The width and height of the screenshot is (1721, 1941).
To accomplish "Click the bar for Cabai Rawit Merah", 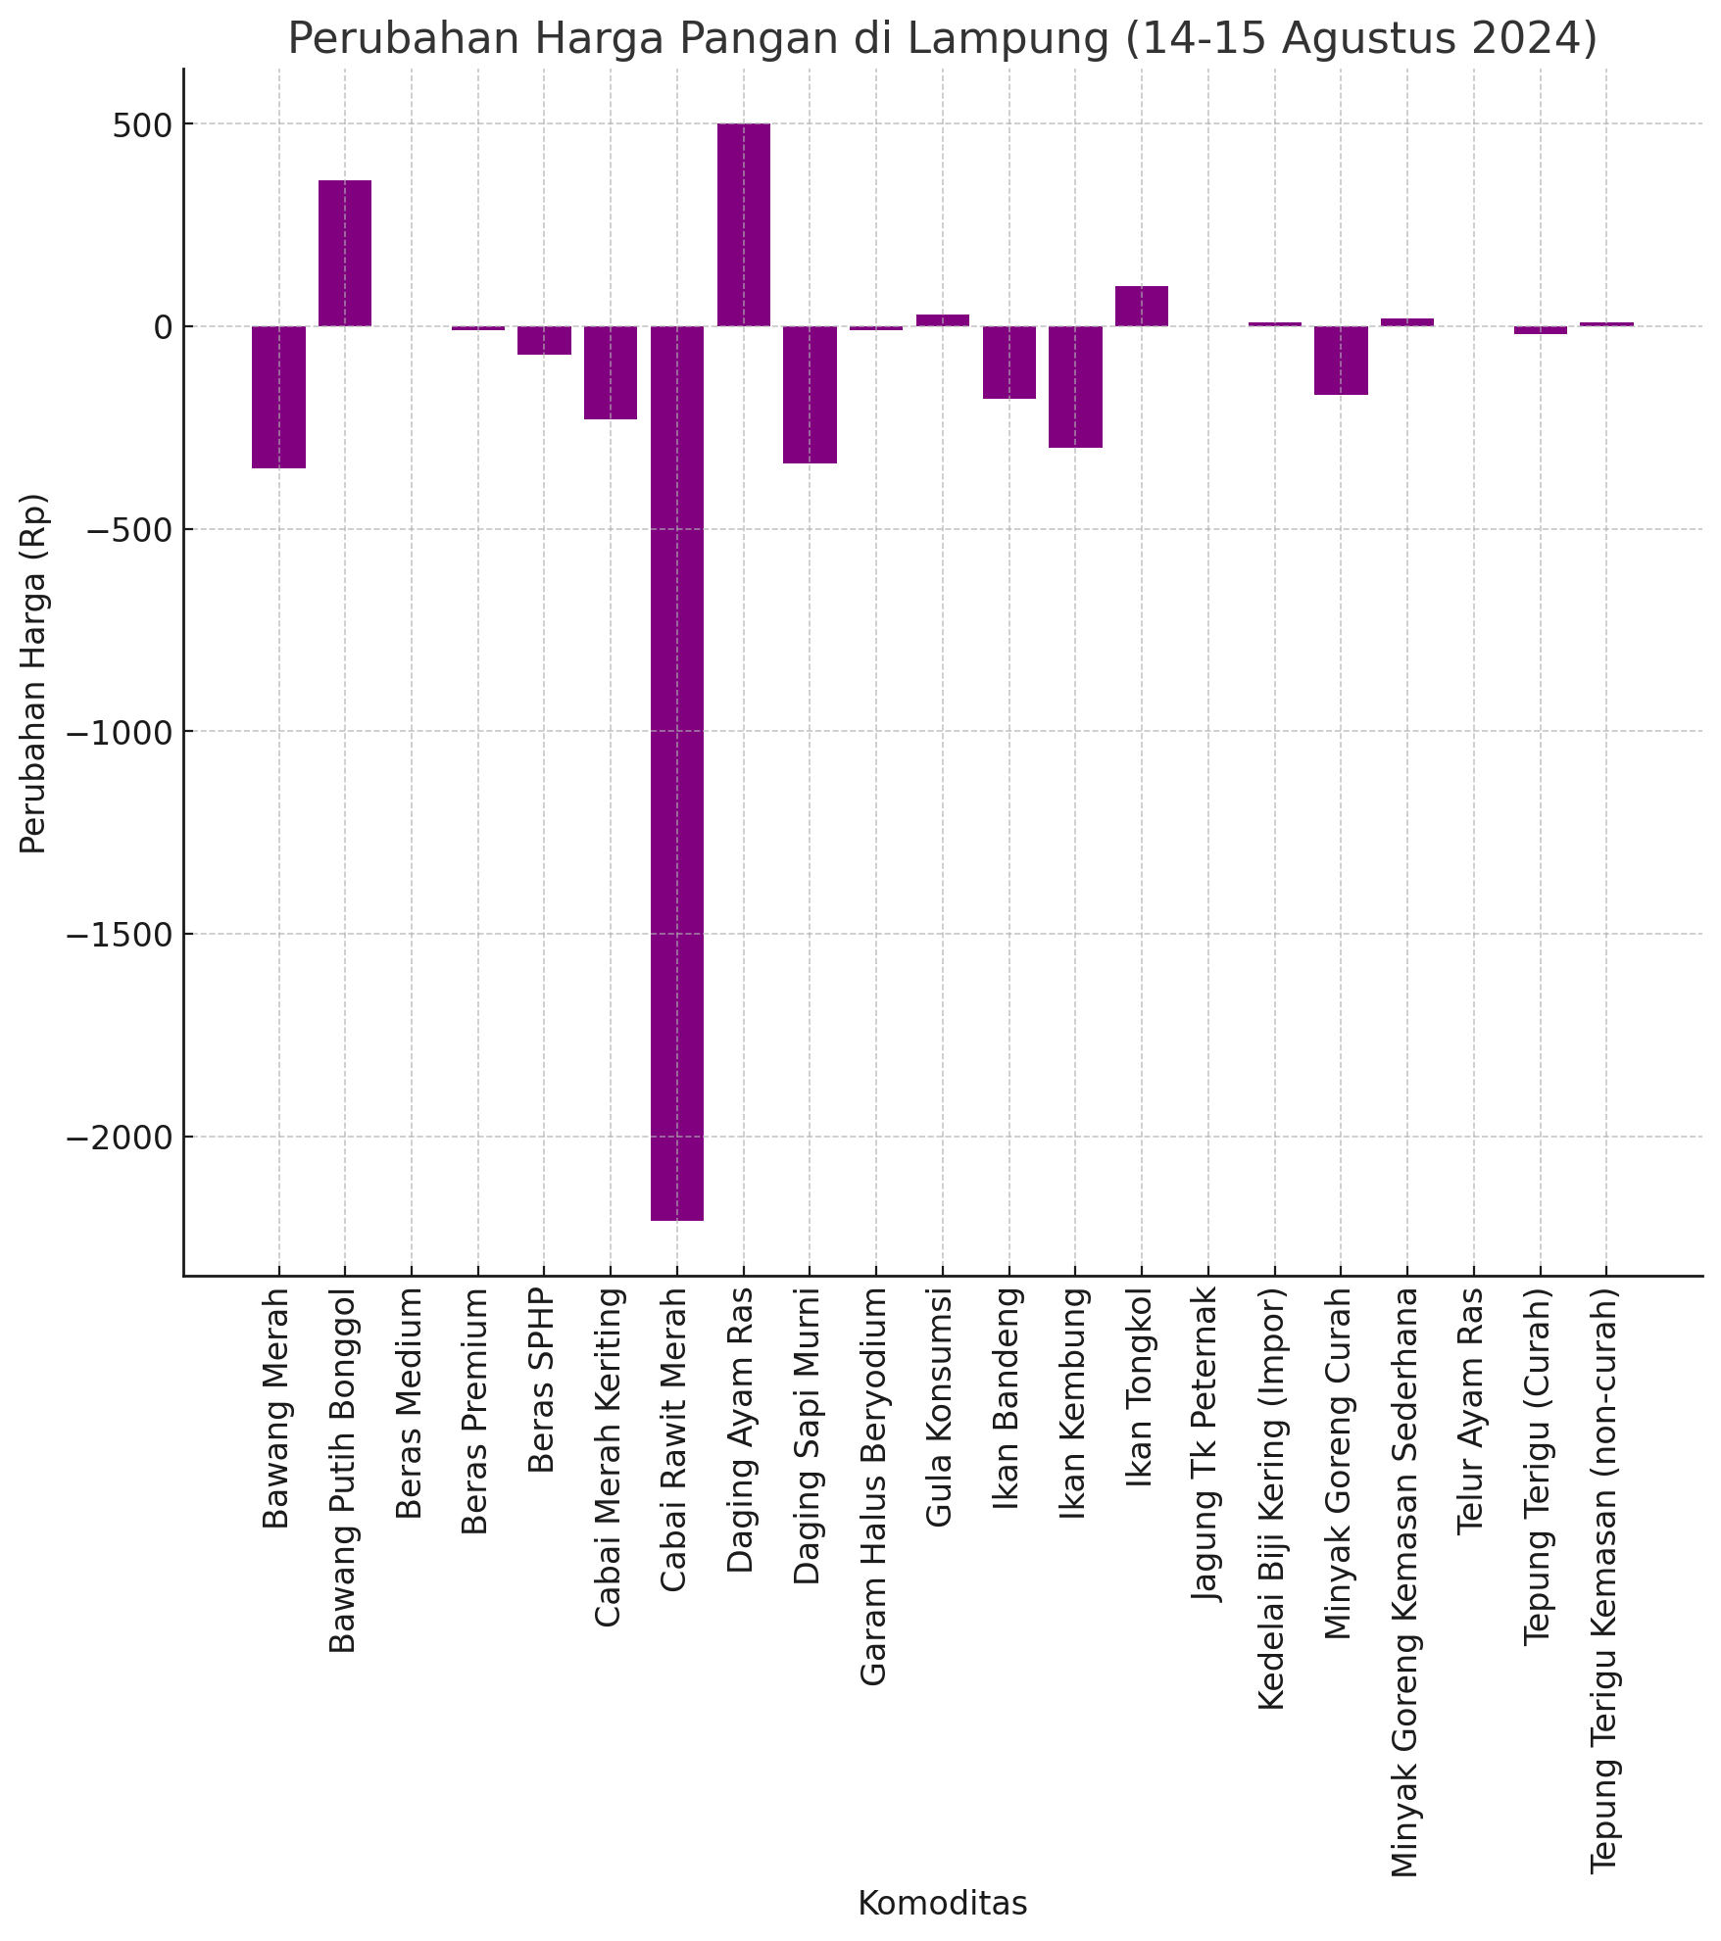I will [x=677, y=772].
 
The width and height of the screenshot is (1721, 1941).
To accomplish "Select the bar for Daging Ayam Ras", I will [x=743, y=224].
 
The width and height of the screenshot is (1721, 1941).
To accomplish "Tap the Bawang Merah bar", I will [x=278, y=397].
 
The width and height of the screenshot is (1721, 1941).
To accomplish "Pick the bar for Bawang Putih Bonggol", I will [x=345, y=253].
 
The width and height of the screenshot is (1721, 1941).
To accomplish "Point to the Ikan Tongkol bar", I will [x=1142, y=306].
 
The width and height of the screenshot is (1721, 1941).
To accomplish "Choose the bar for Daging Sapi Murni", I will [x=810, y=394].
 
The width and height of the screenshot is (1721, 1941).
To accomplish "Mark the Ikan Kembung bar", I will [x=1075, y=386].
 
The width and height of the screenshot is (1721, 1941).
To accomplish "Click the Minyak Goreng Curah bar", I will [x=1341, y=360].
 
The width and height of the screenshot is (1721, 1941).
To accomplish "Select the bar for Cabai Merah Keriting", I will [x=611, y=372].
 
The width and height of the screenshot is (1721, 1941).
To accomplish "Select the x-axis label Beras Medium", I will [x=411, y=1403].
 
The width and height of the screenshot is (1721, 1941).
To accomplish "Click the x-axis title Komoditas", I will [x=942, y=1903].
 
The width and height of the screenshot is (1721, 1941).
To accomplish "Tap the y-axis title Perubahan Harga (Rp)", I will [x=33, y=672].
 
